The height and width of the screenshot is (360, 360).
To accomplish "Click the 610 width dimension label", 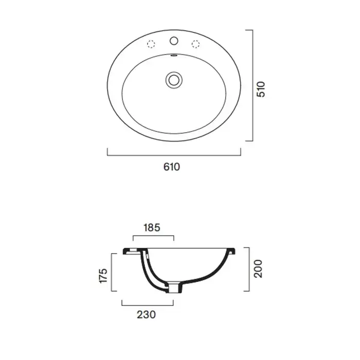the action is [x=171, y=167].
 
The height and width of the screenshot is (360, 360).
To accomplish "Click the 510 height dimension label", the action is [x=261, y=89].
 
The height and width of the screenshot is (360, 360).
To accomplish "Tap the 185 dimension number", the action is [x=152, y=227].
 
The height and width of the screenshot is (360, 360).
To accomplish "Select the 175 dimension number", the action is [x=103, y=276].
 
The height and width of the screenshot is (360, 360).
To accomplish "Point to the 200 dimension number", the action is [x=258, y=269].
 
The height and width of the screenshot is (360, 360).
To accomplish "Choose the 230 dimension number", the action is [x=146, y=315].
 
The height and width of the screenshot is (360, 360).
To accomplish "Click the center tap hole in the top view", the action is [x=174, y=41].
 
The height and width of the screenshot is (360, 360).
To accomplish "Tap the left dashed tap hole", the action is [x=151, y=44].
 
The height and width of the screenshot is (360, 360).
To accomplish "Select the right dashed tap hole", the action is [x=195, y=44].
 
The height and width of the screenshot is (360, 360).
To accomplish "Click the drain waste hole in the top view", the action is [x=174, y=80].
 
